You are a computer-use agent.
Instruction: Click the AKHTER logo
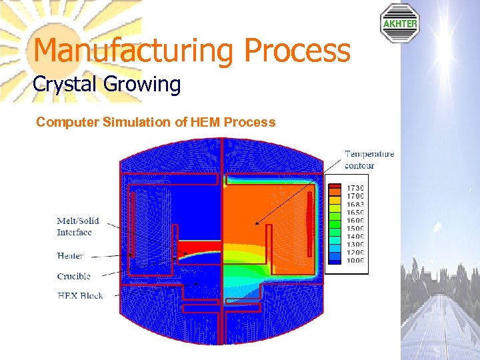tap(400, 24)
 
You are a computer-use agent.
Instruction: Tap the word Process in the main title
tap(297, 51)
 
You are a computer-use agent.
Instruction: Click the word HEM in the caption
tap(205, 123)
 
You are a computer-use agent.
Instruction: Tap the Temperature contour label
tap(369, 159)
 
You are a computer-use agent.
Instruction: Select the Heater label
tap(70, 255)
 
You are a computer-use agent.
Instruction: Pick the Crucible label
tap(73, 276)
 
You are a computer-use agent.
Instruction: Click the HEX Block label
tap(79, 295)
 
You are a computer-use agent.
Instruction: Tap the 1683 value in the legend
tap(355, 205)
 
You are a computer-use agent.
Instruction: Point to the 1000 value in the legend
tap(355, 260)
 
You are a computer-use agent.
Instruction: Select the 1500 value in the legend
tap(355, 229)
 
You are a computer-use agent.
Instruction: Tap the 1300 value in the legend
tap(355, 245)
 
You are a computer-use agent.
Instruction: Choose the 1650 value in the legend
tap(355, 213)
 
